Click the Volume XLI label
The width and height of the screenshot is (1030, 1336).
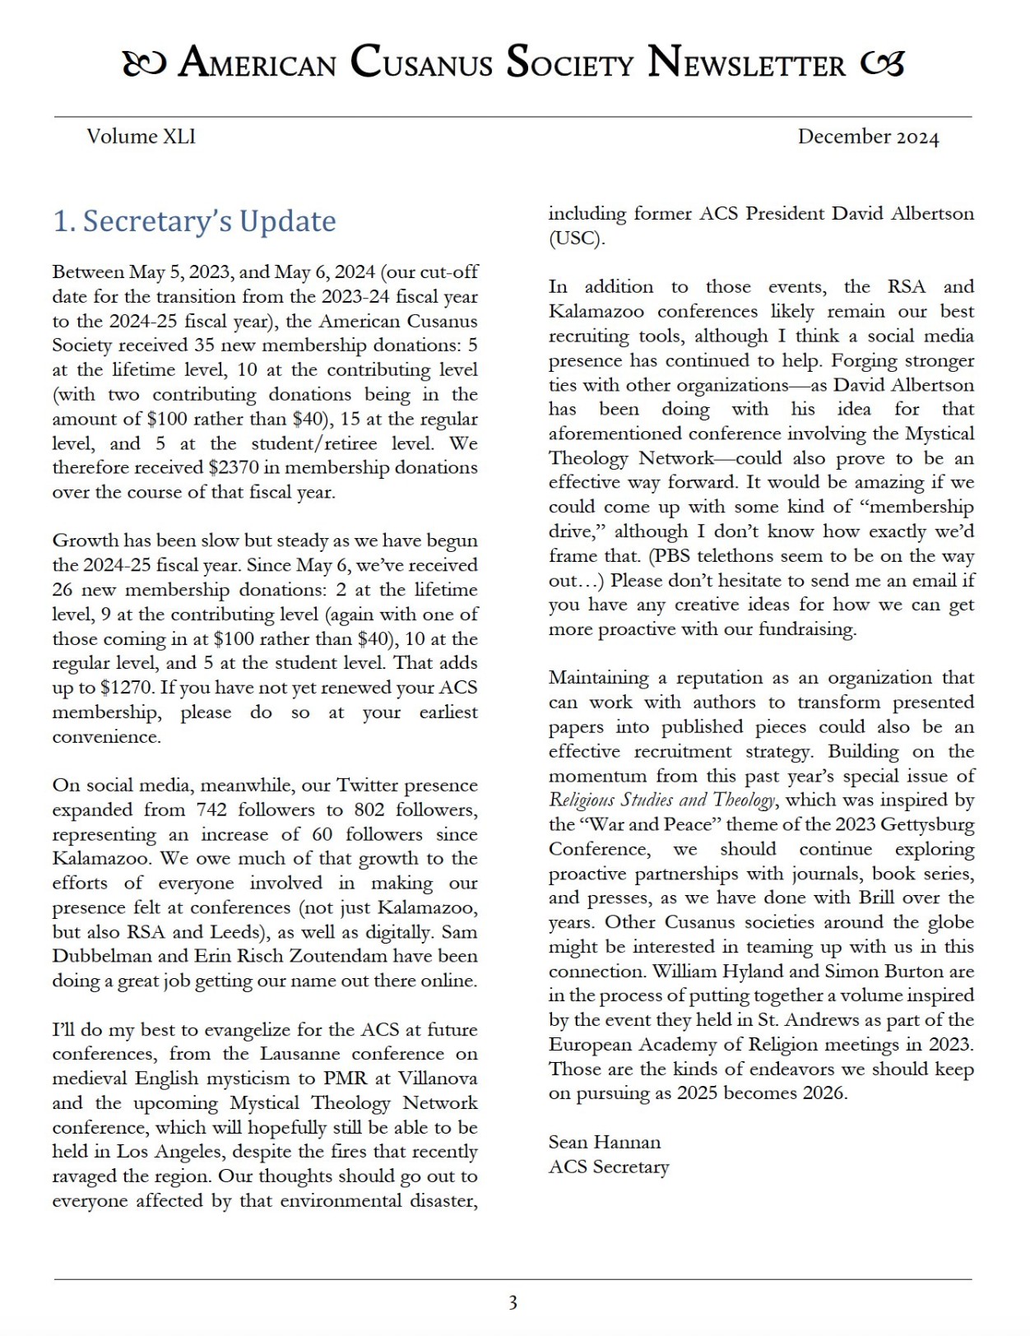click(x=141, y=137)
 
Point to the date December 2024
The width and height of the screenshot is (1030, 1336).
click(x=867, y=137)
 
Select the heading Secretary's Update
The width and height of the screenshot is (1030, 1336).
click(x=194, y=221)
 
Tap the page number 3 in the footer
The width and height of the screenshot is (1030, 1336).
click(x=513, y=1303)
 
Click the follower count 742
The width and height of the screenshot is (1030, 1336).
click(x=211, y=809)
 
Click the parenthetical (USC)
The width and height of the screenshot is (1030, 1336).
click(x=577, y=239)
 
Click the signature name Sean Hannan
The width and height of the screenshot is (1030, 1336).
click(x=605, y=1142)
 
